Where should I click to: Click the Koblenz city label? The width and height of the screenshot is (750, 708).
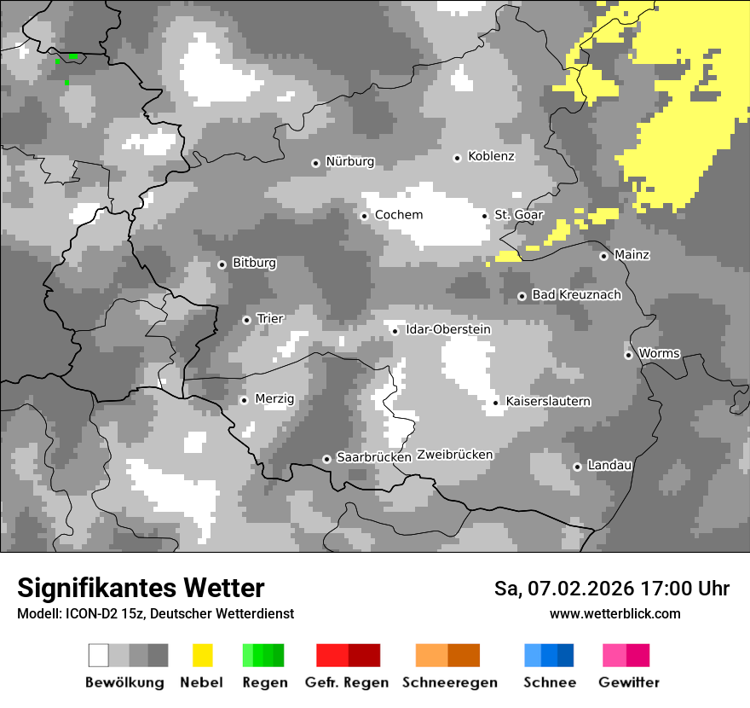[x=491, y=157]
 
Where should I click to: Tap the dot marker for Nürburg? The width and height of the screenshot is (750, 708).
[x=315, y=163]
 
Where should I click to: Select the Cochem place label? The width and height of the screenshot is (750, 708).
[x=398, y=215]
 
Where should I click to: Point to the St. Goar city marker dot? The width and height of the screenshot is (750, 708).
[x=485, y=216]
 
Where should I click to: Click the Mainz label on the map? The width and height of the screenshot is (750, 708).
[x=632, y=255]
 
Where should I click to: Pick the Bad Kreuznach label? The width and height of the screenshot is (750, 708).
[x=576, y=295]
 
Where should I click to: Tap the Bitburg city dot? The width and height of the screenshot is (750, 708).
[x=222, y=264]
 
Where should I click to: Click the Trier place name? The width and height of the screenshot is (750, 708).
[x=270, y=319]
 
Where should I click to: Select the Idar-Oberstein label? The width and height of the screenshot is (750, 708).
[x=447, y=330]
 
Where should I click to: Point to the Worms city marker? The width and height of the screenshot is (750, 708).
[x=628, y=355]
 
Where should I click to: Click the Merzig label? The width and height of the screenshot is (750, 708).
[x=274, y=399]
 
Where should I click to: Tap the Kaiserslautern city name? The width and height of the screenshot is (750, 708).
[x=548, y=402]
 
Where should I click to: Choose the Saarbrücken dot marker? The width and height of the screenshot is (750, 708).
[x=326, y=459]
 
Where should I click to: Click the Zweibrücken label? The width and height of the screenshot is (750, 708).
[x=454, y=455]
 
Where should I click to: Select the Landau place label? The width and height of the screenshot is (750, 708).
[x=609, y=466]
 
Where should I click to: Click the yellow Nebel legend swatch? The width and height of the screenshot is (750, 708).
[x=202, y=655]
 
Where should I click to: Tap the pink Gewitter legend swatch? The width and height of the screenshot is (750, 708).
[x=626, y=655]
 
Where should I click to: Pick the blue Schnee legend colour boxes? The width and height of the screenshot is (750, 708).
[x=549, y=655]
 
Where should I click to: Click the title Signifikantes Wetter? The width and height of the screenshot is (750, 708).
[x=141, y=589]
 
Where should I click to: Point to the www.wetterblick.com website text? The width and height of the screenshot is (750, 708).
[x=614, y=614]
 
